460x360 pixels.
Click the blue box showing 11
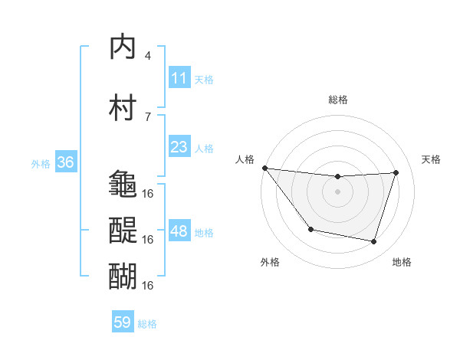(x=179, y=78)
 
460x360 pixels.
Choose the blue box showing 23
(x=179, y=146)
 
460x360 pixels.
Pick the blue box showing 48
(x=179, y=231)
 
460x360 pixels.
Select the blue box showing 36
(x=65, y=162)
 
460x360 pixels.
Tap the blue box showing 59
(x=123, y=322)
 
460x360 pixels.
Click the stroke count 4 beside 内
(x=148, y=55)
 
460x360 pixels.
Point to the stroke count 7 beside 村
(x=148, y=116)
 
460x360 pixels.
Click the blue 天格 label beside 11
(x=204, y=79)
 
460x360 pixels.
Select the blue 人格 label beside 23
(x=204, y=147)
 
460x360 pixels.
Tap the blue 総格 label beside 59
(x=147, y=323)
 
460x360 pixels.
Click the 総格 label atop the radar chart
(x=338, y=100)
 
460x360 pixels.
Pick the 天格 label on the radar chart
(x=432, y=159)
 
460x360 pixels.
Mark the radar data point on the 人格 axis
(x=264, y=168)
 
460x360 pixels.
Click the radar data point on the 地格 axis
(x=374, y=242)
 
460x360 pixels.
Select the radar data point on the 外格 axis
(x=310, y=229)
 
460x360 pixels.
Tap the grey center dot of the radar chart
(x=338, y=191)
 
